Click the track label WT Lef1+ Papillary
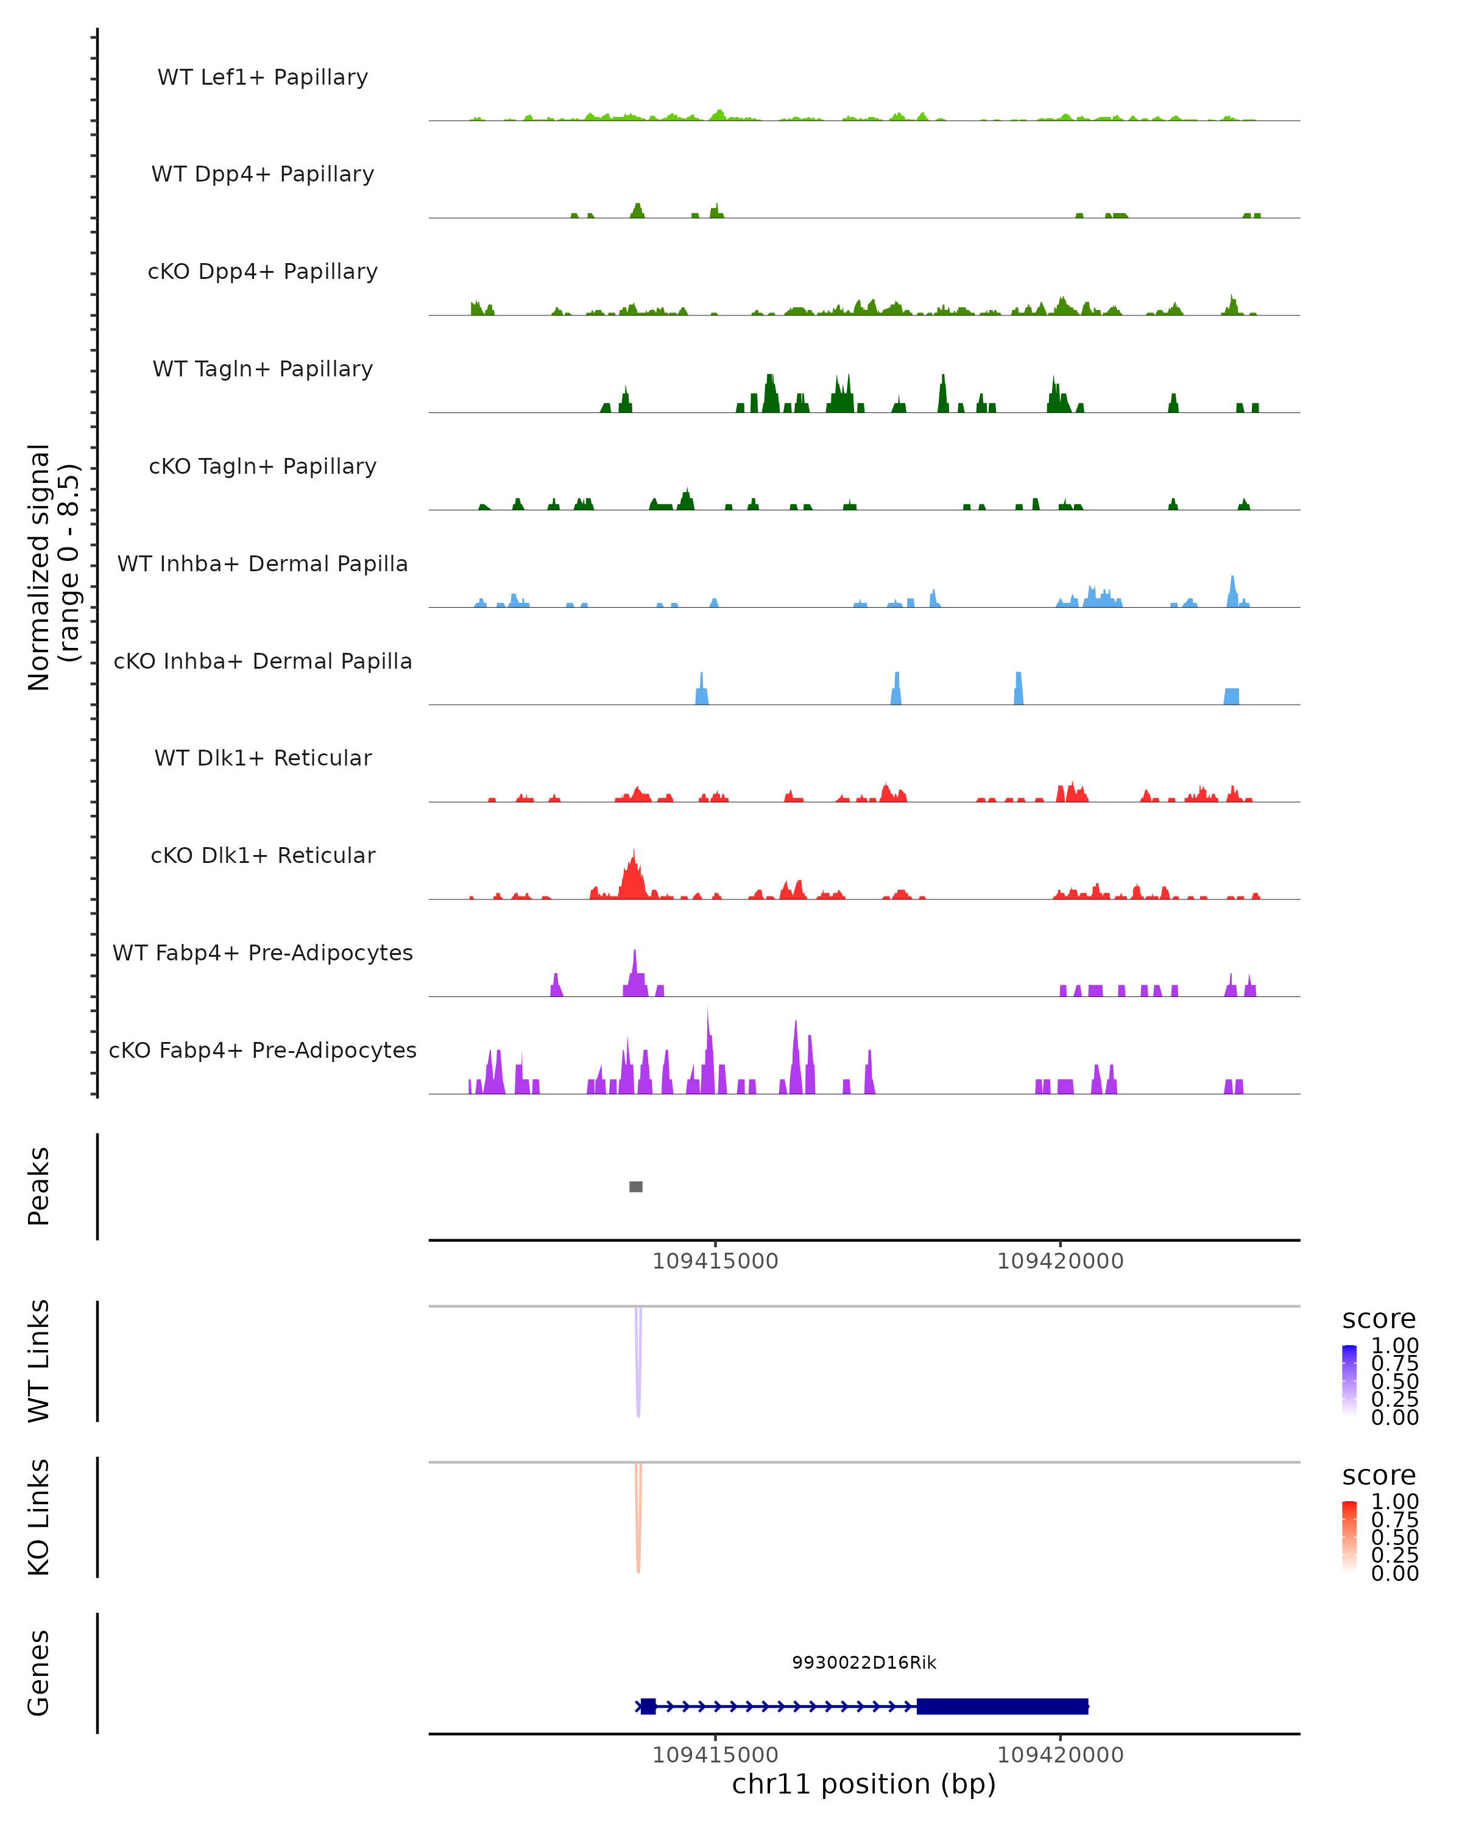pos(263,77)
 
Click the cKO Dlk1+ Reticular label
pos(263,855)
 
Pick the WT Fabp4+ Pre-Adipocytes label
pos(263,952)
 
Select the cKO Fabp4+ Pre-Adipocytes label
pos(263,1050)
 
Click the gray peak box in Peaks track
pos(635,1186)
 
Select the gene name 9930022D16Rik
pos(864,1663)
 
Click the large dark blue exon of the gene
pos(1002,1706)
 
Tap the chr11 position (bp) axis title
pos(864,1784)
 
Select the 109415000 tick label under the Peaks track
pos(715,1261)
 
